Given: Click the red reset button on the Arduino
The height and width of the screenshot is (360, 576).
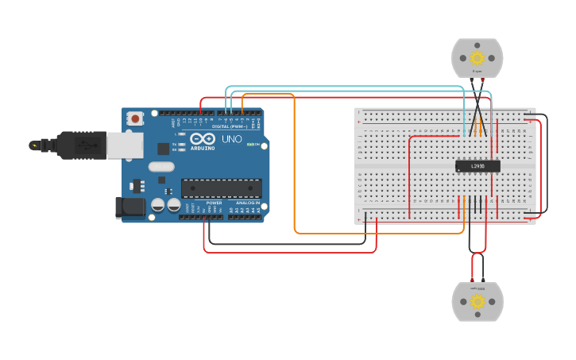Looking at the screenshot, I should pos(135,119).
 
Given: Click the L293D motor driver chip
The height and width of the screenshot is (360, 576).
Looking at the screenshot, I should pos(477,166).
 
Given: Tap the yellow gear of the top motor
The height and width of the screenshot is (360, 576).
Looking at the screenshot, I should pos(477,58).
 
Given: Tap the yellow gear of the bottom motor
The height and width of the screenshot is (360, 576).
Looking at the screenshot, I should pos(477,301).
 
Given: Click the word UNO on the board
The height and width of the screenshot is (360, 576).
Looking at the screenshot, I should pos(231,139).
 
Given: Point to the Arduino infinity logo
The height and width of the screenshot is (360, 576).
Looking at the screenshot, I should pos(202,138).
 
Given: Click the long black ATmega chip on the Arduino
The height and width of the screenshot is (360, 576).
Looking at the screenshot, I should pos(221,188).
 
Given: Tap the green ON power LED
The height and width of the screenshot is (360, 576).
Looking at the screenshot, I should pos(249,145).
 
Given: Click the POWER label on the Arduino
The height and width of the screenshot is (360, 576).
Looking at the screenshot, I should pos(215,203).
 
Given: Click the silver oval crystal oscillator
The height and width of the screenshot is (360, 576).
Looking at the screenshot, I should pos(160,167).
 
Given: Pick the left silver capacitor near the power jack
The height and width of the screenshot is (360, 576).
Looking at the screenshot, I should pos(158,205).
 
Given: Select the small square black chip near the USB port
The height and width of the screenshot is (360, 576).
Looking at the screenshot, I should pos(163,148).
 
